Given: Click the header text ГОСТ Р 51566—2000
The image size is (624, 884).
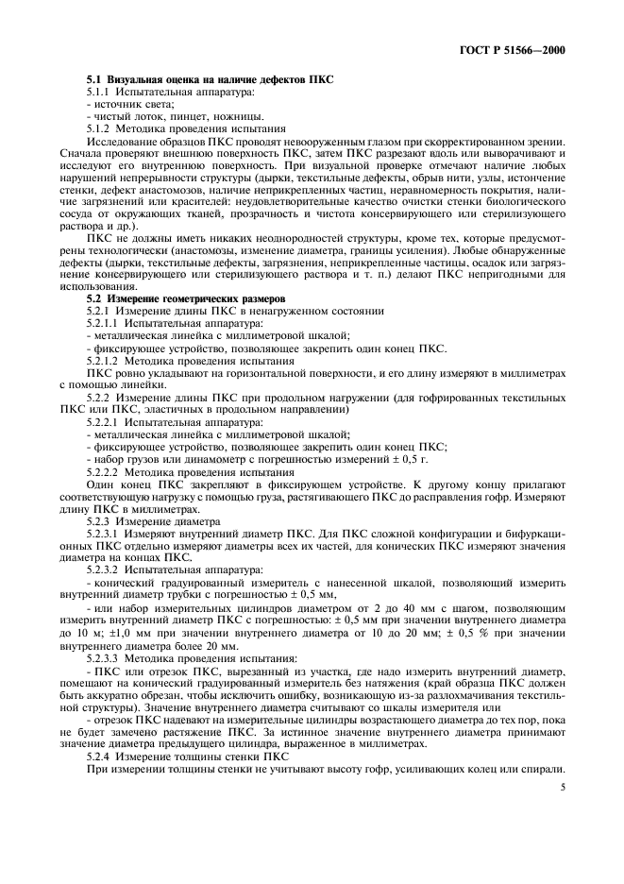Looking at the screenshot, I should point(520,48).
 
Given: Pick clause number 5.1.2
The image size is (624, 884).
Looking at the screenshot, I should point(103,127).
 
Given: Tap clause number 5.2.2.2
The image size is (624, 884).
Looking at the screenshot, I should point(107,471).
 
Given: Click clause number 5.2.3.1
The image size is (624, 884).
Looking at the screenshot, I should point(107,534).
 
